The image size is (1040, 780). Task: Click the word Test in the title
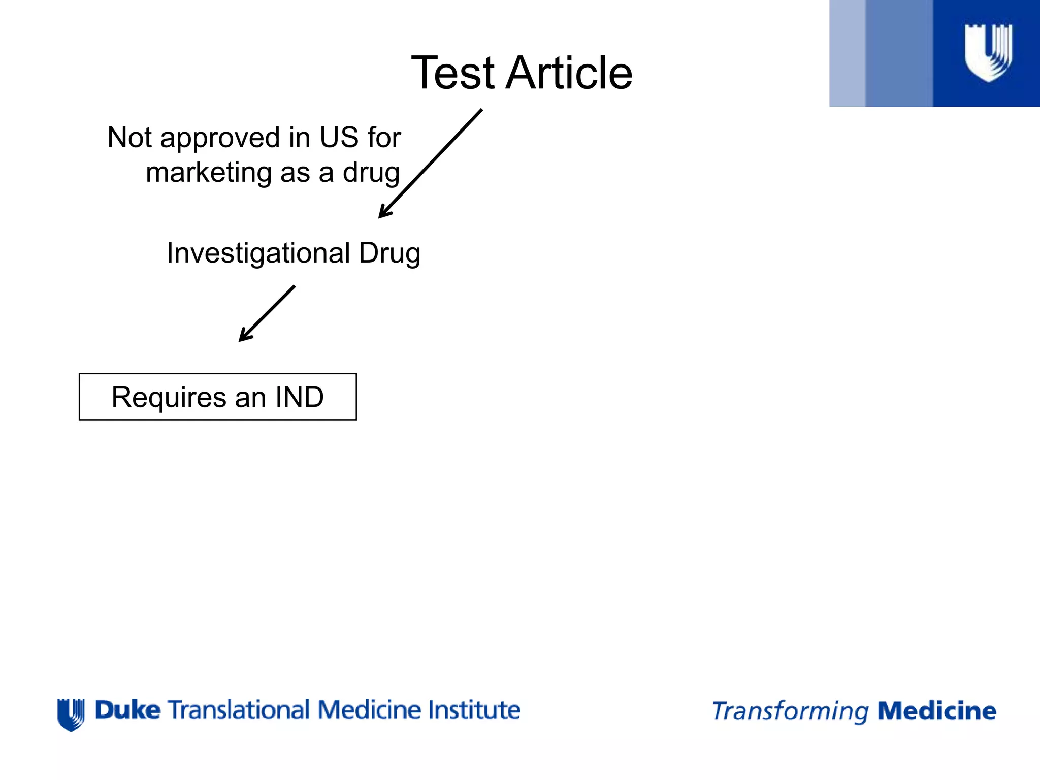click(x=452, y=73)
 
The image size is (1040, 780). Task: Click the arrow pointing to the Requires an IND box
click(x=267, y=314)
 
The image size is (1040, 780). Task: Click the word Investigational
click(x=258, y=253)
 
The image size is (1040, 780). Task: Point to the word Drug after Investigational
click(x=389, y=253)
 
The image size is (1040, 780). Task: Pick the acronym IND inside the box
click(x=300, y=397)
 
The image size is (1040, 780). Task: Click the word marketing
click(x=209, y=173)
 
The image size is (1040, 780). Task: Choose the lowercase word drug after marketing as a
click(x=371, y=173)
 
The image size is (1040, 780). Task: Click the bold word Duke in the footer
click(x=127, y=710)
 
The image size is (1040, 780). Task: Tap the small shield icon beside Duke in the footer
click(x=71, y=714)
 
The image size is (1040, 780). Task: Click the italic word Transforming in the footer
click(x=790, y=711)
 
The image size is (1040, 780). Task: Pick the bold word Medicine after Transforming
click(x=937, y=711)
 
